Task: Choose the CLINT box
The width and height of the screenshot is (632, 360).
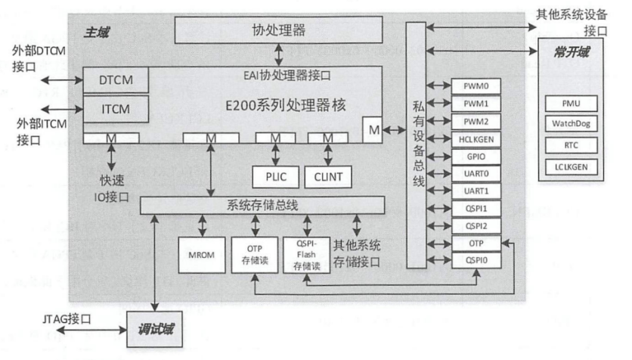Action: pos(327,175)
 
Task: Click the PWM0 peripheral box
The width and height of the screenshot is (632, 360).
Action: pos(475,85)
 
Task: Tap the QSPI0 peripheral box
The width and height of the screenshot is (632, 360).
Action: pos(475,259)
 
